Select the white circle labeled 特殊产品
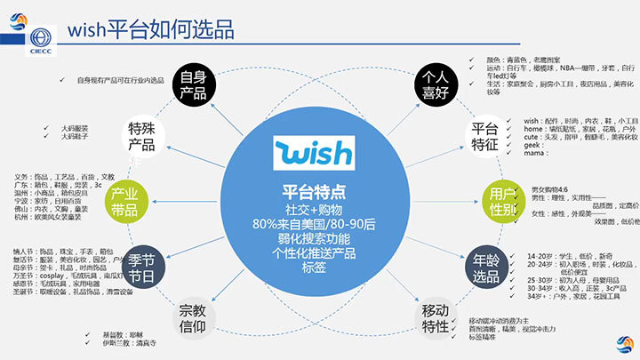pos(147,135)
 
